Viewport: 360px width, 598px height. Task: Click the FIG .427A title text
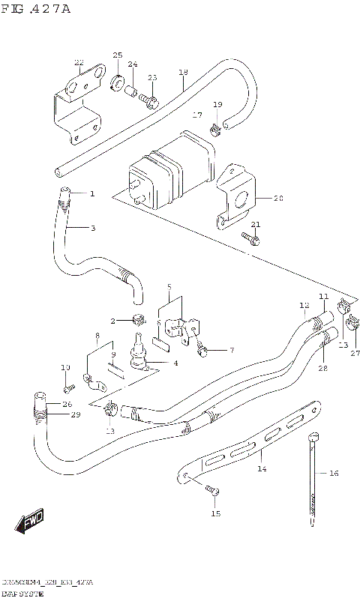[36, 8]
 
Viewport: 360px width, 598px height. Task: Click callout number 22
[79, 63]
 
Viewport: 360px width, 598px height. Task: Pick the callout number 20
[278, 199]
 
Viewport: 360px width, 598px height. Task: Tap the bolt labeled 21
[253, 239]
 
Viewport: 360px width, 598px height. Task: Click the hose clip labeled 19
[214, 128]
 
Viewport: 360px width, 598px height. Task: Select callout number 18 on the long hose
[183, 72]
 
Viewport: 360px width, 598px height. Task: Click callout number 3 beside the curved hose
[92, 228]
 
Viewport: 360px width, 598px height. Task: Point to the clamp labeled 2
[137, 320]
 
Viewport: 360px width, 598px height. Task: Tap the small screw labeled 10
[69, 388]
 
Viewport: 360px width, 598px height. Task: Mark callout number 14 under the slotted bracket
[262, 469]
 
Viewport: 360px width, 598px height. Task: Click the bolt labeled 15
[213, 491]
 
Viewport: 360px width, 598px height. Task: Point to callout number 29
[75, 414]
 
